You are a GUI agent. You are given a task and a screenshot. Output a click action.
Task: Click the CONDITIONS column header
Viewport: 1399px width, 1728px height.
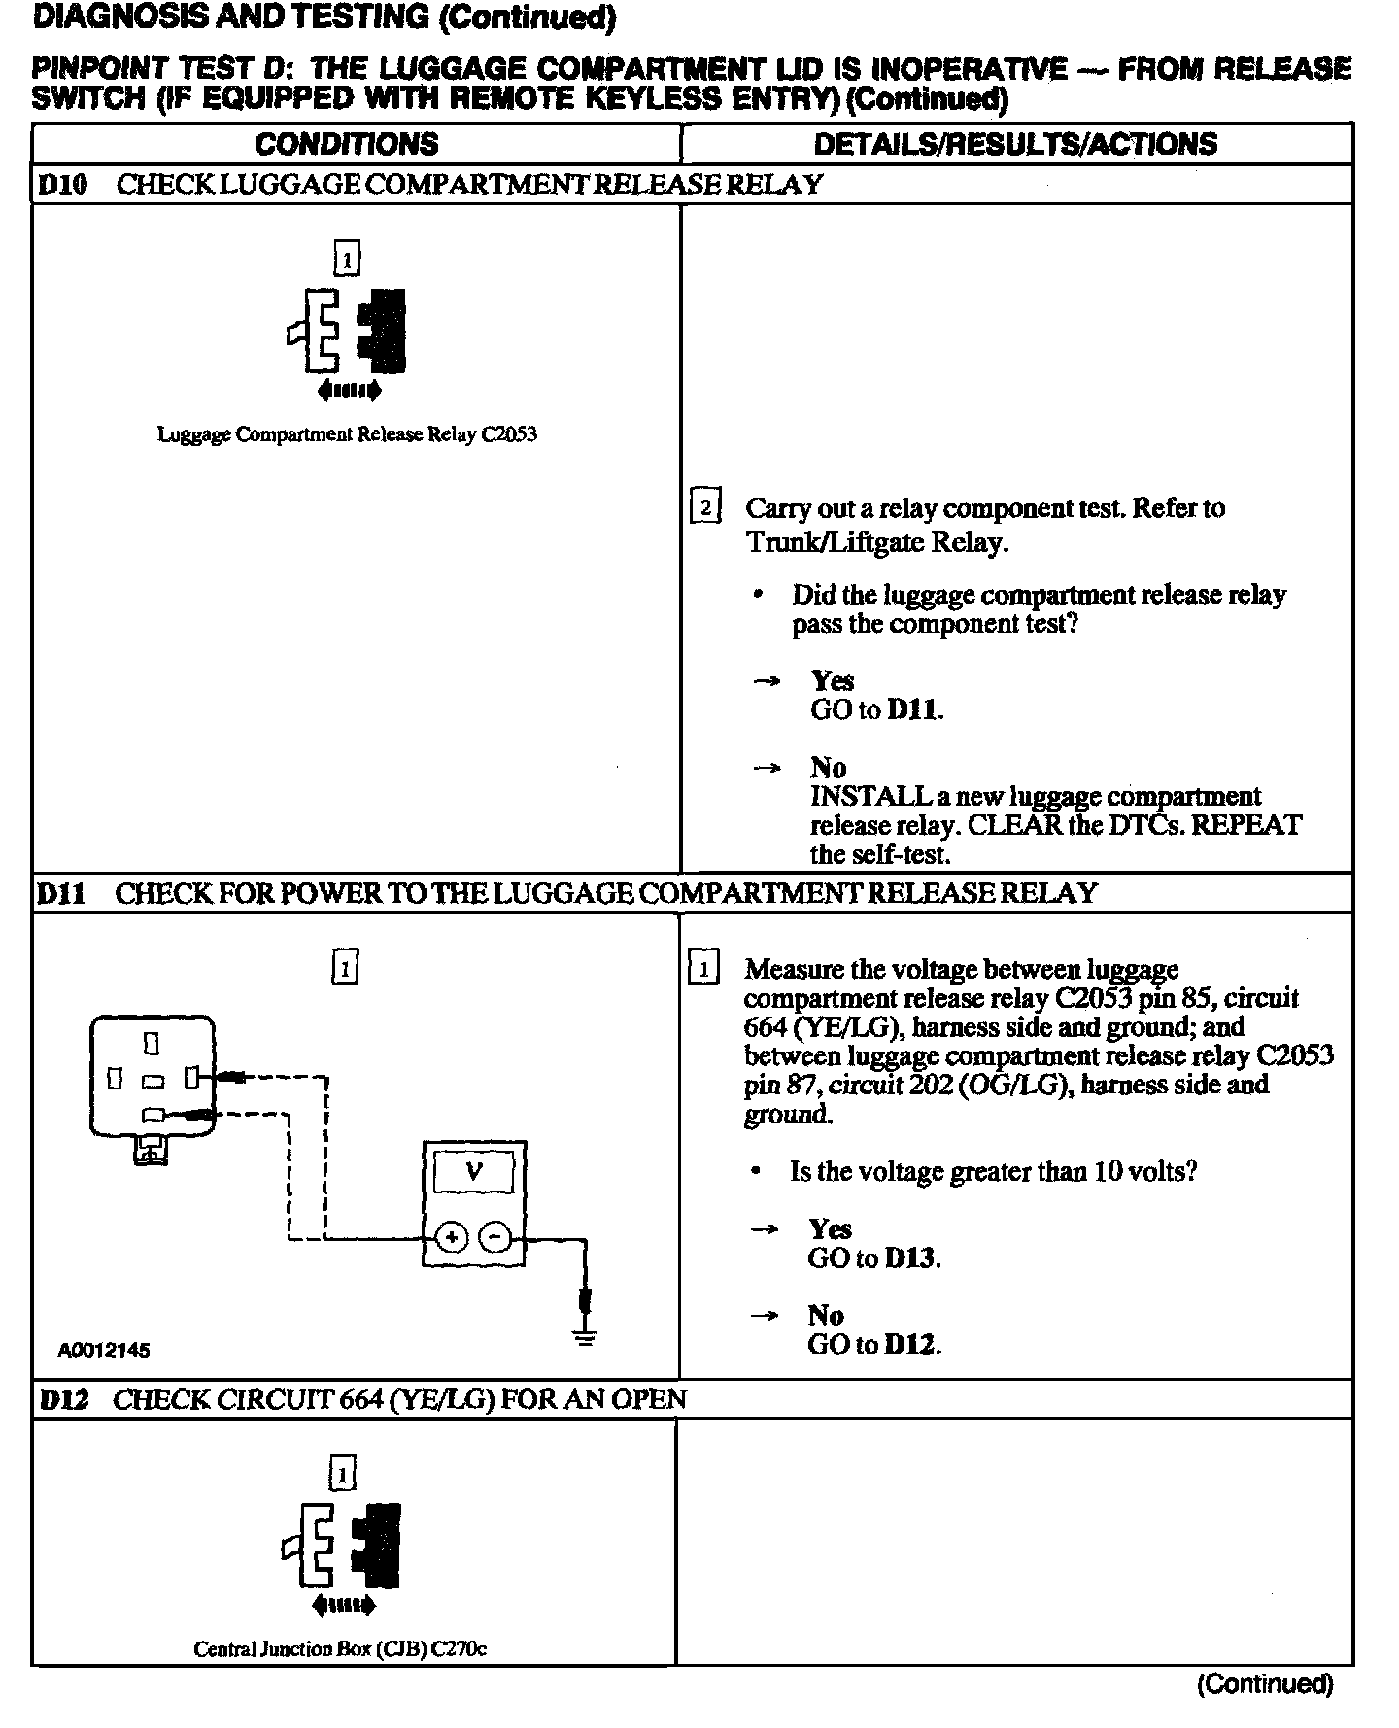(x=347, y=144)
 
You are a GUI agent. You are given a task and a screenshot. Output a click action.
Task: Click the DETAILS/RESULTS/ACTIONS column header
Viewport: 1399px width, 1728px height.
(x=1015, y=144)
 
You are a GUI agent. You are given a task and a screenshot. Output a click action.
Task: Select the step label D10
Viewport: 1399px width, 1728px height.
(x=62, y=185)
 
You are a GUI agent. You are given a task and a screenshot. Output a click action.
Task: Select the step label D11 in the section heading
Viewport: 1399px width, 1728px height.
(x=61, y=893)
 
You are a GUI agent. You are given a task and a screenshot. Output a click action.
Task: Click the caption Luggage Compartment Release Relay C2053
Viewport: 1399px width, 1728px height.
(x=347, y=434)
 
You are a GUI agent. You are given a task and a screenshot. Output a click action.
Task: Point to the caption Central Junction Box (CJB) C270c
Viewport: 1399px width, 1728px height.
(x=340, y=1649)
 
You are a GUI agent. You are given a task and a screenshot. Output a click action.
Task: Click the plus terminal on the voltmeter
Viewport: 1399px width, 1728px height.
(x=450, y=1237)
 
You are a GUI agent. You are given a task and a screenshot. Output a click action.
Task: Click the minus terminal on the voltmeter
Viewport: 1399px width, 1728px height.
(x=495, y=1237)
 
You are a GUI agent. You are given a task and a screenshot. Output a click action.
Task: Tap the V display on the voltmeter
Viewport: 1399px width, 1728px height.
(x=474, y=1170)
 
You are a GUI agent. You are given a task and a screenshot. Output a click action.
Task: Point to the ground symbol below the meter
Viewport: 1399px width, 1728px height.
(x=584, y=1336)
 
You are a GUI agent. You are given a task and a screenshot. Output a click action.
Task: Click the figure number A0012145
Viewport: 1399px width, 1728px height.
(x=104, y=1350)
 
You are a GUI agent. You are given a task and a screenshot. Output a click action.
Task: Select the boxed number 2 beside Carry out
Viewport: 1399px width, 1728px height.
(x=704, y=508)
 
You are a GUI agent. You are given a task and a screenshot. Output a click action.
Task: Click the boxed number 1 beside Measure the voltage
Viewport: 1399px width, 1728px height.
(x=702, y=969)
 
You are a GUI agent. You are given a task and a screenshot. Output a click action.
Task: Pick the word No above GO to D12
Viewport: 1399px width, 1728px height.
(x=826, y=1316)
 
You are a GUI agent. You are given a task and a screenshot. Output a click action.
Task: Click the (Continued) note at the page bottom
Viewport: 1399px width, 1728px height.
(x=1264, y=1683)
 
